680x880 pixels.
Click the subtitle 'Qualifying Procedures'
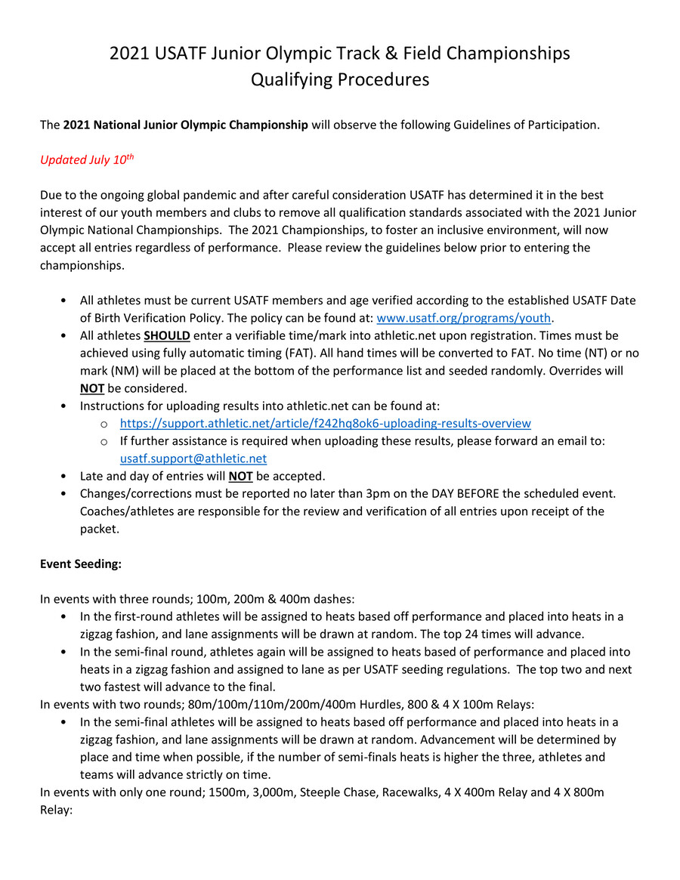coord(339,79)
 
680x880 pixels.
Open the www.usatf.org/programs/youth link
coord(463,317)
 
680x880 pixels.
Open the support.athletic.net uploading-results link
coord(325,423)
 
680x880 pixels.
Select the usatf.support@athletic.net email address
coord(193,459)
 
